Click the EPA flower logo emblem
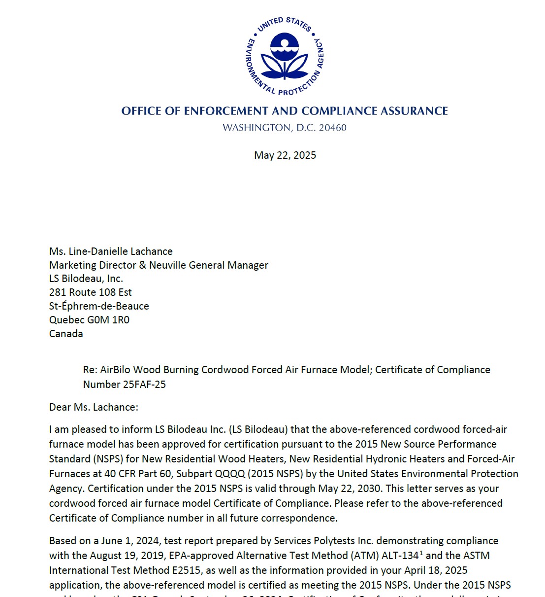285,56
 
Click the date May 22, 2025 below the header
285,155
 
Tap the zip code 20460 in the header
332,128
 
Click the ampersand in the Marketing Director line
143,265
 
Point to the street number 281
58,292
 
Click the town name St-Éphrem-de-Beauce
99,306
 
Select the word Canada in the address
66,334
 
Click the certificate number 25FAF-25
144,385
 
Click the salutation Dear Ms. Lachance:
94,407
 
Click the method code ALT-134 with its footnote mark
402,556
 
